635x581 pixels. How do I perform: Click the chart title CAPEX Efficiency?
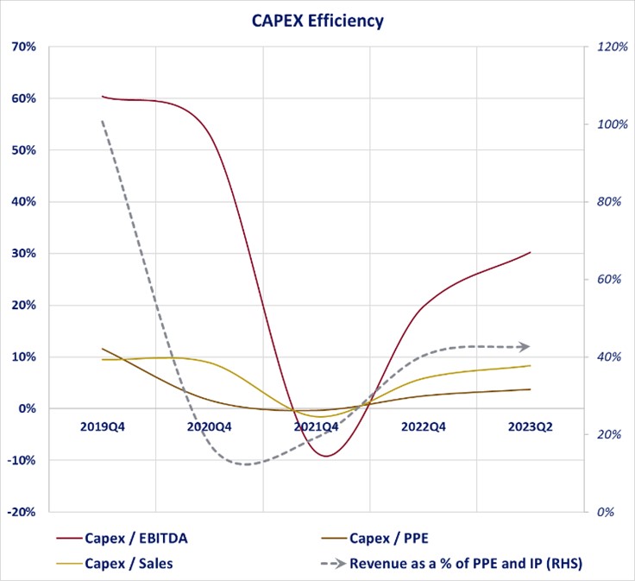tap(317, 21)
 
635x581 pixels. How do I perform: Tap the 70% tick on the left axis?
tap(23, 47)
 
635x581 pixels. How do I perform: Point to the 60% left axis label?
tap(23, 98)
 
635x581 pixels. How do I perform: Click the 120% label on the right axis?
tap(611, 47)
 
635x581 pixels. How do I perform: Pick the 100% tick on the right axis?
tap(611, 124)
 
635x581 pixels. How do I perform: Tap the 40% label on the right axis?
tap(608, 357)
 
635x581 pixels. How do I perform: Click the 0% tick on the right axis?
tap(605, 512)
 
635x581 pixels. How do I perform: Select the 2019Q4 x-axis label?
tap(103, 426)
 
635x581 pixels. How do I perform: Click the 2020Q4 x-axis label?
tap(210, 426)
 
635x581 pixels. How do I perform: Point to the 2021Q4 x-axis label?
tap(317, 426)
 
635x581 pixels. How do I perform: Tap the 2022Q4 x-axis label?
tap(424, 426)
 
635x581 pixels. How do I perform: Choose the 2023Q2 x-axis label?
tap(530, 426)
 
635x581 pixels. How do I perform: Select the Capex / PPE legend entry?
tap(387, 538)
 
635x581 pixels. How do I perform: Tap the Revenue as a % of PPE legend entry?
tap(466, 564)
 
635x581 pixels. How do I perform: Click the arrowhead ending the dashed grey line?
tap(525, 347)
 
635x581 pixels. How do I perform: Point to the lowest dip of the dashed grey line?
tap(248, 464)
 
